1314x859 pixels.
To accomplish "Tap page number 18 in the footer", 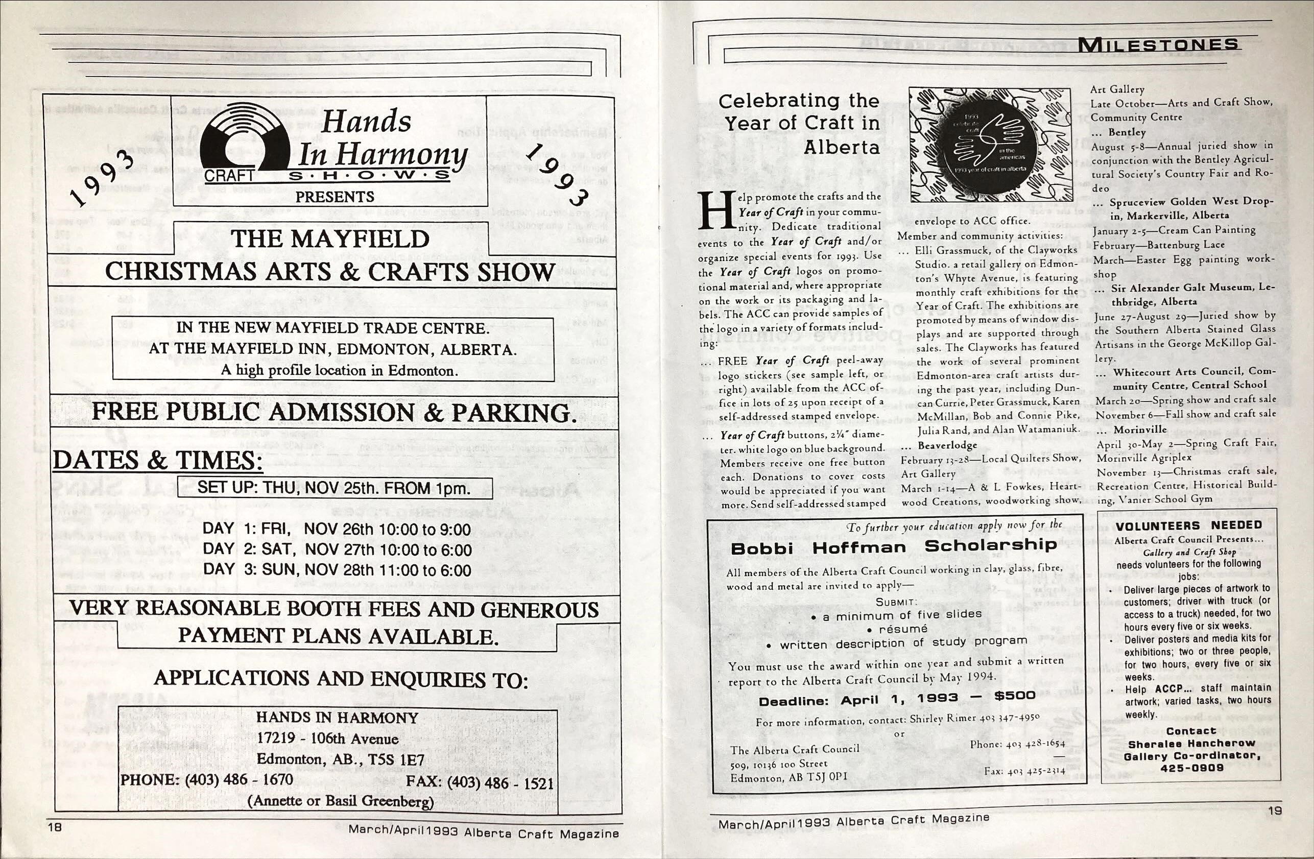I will click(56, 826).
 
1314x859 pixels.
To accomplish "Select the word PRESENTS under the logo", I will click(335, 197).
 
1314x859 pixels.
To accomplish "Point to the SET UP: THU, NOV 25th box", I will click(335, 488).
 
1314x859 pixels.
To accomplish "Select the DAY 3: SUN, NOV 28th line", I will click(337, 570).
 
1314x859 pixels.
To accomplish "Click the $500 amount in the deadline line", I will click(1015, 696).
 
